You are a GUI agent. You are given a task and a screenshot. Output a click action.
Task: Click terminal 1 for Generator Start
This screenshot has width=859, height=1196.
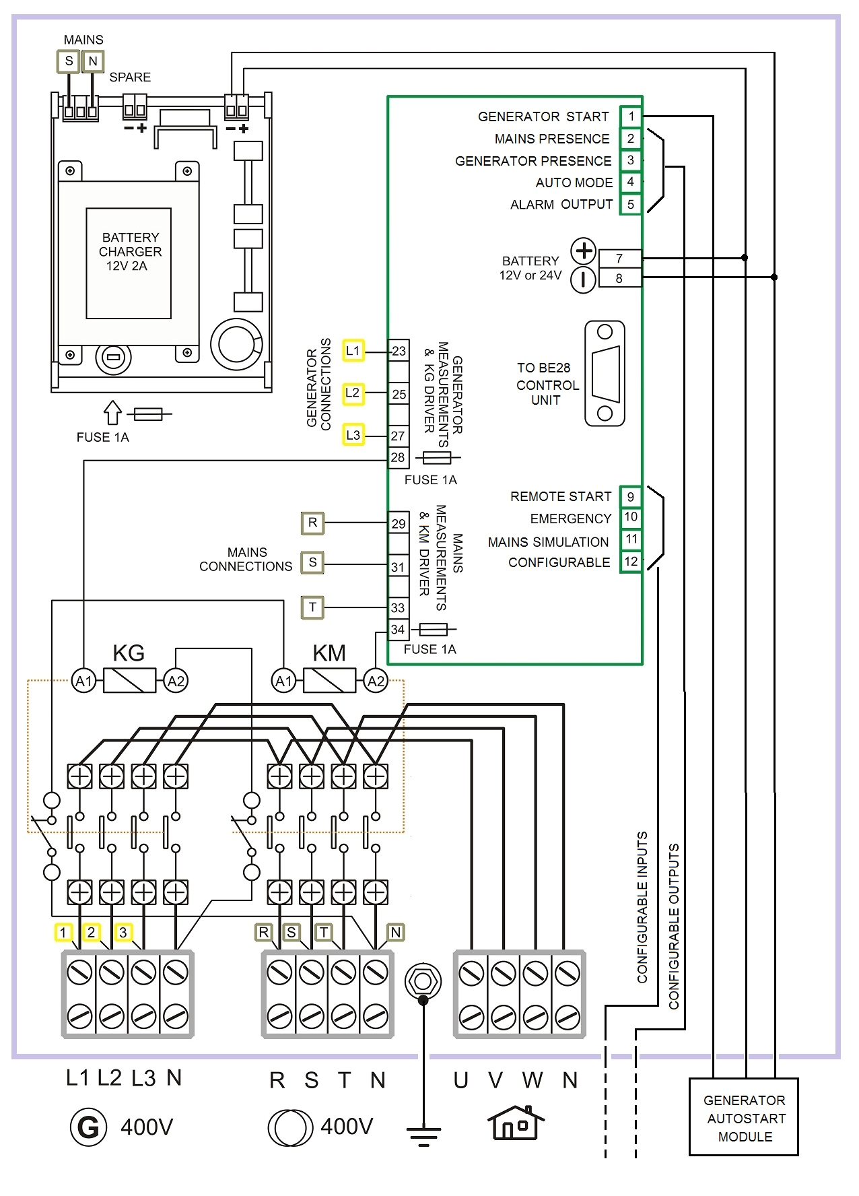[x=631, y=117]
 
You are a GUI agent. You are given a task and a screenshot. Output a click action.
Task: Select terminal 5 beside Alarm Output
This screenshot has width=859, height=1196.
[x=631, y=204]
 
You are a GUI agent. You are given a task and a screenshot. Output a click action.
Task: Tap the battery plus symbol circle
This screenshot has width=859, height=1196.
[x=584, y=251]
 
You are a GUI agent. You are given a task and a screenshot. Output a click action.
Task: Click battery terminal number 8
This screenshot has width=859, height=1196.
[x=619, y=278]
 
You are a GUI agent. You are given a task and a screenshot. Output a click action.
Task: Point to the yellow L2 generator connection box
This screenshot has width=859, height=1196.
[x=353, y=393]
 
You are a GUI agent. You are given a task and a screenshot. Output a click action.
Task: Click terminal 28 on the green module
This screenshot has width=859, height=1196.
[x=398, y=457]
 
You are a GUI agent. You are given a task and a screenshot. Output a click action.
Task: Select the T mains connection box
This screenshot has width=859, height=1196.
[x=312, y=607]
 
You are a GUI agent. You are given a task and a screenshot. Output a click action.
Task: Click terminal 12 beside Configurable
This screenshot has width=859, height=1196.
[x=631, y=562]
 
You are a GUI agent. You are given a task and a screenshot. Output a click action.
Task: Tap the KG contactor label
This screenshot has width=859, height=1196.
[x=129, y=653]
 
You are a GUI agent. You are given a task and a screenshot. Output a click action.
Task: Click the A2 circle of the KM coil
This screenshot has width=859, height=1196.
[x=376, y=681]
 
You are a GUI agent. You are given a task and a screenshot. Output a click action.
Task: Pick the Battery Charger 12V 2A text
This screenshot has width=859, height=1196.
[x=130, y=252]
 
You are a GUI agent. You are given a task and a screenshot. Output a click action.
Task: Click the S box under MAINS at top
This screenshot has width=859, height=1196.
[x=69, y=61]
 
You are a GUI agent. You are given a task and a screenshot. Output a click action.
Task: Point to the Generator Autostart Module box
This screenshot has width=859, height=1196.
[x=744, y=1118]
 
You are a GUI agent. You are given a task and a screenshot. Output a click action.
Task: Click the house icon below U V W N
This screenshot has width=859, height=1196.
[x=516, y=1123]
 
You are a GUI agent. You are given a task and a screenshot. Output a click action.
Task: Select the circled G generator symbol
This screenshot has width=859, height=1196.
[x=88, y=1127]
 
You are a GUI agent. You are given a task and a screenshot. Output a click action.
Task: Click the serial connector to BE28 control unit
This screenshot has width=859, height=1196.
[x=605, y=374]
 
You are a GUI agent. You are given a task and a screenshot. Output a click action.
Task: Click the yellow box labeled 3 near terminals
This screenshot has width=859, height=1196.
[x=123, y=933]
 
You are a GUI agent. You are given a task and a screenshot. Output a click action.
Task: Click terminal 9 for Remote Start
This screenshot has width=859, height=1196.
[x=631, y=497]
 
